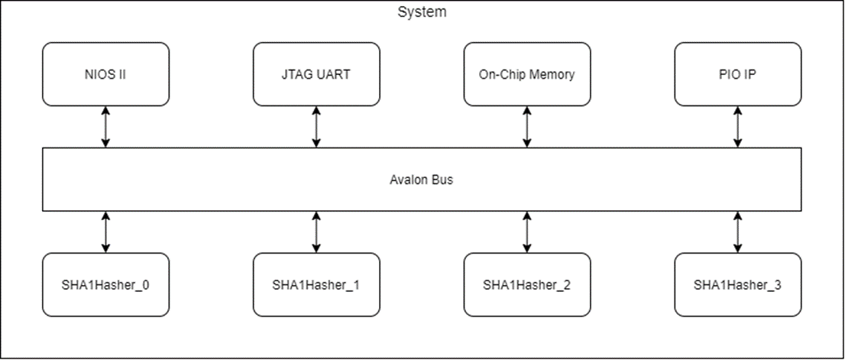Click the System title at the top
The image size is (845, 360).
click(422, 12)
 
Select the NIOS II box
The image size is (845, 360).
click(105, 74)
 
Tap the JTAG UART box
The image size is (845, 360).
click(316, 74)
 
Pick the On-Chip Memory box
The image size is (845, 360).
click(527, 74)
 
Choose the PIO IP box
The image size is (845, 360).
click(737, 74)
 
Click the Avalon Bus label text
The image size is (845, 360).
click(422, 180)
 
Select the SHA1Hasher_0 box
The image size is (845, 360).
click(105, 284)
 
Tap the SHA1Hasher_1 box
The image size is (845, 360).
click(316, 284)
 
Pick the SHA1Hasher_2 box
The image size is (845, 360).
click(527, 284)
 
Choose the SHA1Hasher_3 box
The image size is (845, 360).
click(737, 284)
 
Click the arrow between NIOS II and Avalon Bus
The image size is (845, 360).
click(105, 127)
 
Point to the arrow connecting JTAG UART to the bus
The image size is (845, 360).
click(316, 127)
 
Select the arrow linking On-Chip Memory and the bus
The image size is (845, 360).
click(527, 127)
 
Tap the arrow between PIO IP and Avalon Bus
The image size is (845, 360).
click(737, 127)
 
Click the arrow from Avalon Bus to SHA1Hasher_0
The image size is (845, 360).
click(105, 232)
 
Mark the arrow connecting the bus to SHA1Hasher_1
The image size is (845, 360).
click(316, 232)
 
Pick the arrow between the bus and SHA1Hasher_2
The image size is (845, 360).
click(527, 232)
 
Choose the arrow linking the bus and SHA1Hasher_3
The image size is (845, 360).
click(737, 232)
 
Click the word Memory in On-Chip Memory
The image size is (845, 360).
click(553, 75)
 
